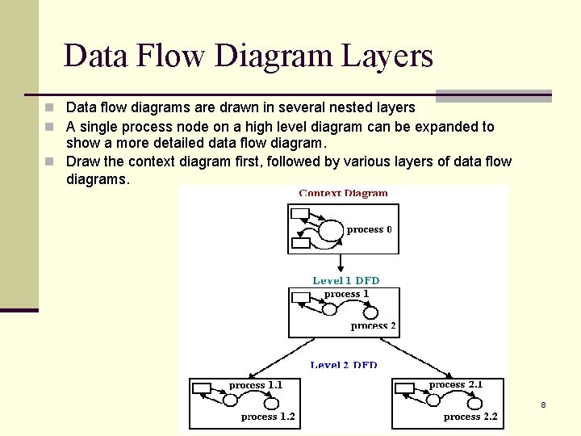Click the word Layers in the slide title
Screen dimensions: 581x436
point(387,57)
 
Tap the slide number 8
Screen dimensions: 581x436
point(543,405)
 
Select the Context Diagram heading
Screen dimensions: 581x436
point(344,193)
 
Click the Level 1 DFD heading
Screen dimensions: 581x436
point(345,280)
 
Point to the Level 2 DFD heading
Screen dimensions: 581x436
point(344,366)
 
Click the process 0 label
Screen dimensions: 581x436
point(370,229)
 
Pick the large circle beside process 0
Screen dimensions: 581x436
point(331,231)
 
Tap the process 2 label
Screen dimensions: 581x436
point(373,326)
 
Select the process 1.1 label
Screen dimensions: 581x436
point(256,386)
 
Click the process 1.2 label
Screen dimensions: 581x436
point(268,417)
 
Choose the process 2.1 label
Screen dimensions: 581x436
point(456,385)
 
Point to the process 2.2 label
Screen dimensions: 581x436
point(470,417)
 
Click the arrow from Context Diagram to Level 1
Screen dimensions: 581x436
point(342,264)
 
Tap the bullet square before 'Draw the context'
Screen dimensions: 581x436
point(50,161)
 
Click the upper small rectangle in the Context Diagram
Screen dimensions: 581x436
point(299,214)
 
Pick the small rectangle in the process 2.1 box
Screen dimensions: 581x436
point(404,388)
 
